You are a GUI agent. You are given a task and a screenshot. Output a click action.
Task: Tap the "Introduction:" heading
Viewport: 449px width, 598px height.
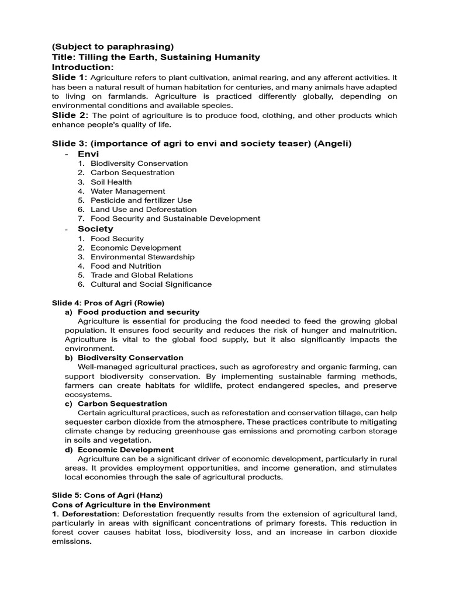tap(82, 67)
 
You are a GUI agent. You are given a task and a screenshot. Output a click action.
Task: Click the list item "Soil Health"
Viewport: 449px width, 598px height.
tap(111, 182)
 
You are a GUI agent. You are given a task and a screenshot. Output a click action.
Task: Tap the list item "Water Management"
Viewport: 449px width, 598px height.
tap(127, 191)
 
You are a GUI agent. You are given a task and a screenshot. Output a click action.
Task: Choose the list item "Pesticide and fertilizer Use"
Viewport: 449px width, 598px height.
tap(141, 200)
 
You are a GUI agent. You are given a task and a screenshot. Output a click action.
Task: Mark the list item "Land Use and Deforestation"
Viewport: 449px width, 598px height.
tap(143, 209)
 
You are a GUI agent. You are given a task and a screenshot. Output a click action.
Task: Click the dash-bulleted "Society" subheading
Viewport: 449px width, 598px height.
tap(95, 229)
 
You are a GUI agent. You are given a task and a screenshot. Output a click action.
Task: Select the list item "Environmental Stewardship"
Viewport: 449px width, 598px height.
tap(143, 257)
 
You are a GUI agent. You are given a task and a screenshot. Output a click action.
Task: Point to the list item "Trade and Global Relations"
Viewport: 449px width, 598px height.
tap(141, 275)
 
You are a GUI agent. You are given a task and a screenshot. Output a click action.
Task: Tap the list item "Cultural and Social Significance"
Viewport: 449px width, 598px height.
tap(151, 284)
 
